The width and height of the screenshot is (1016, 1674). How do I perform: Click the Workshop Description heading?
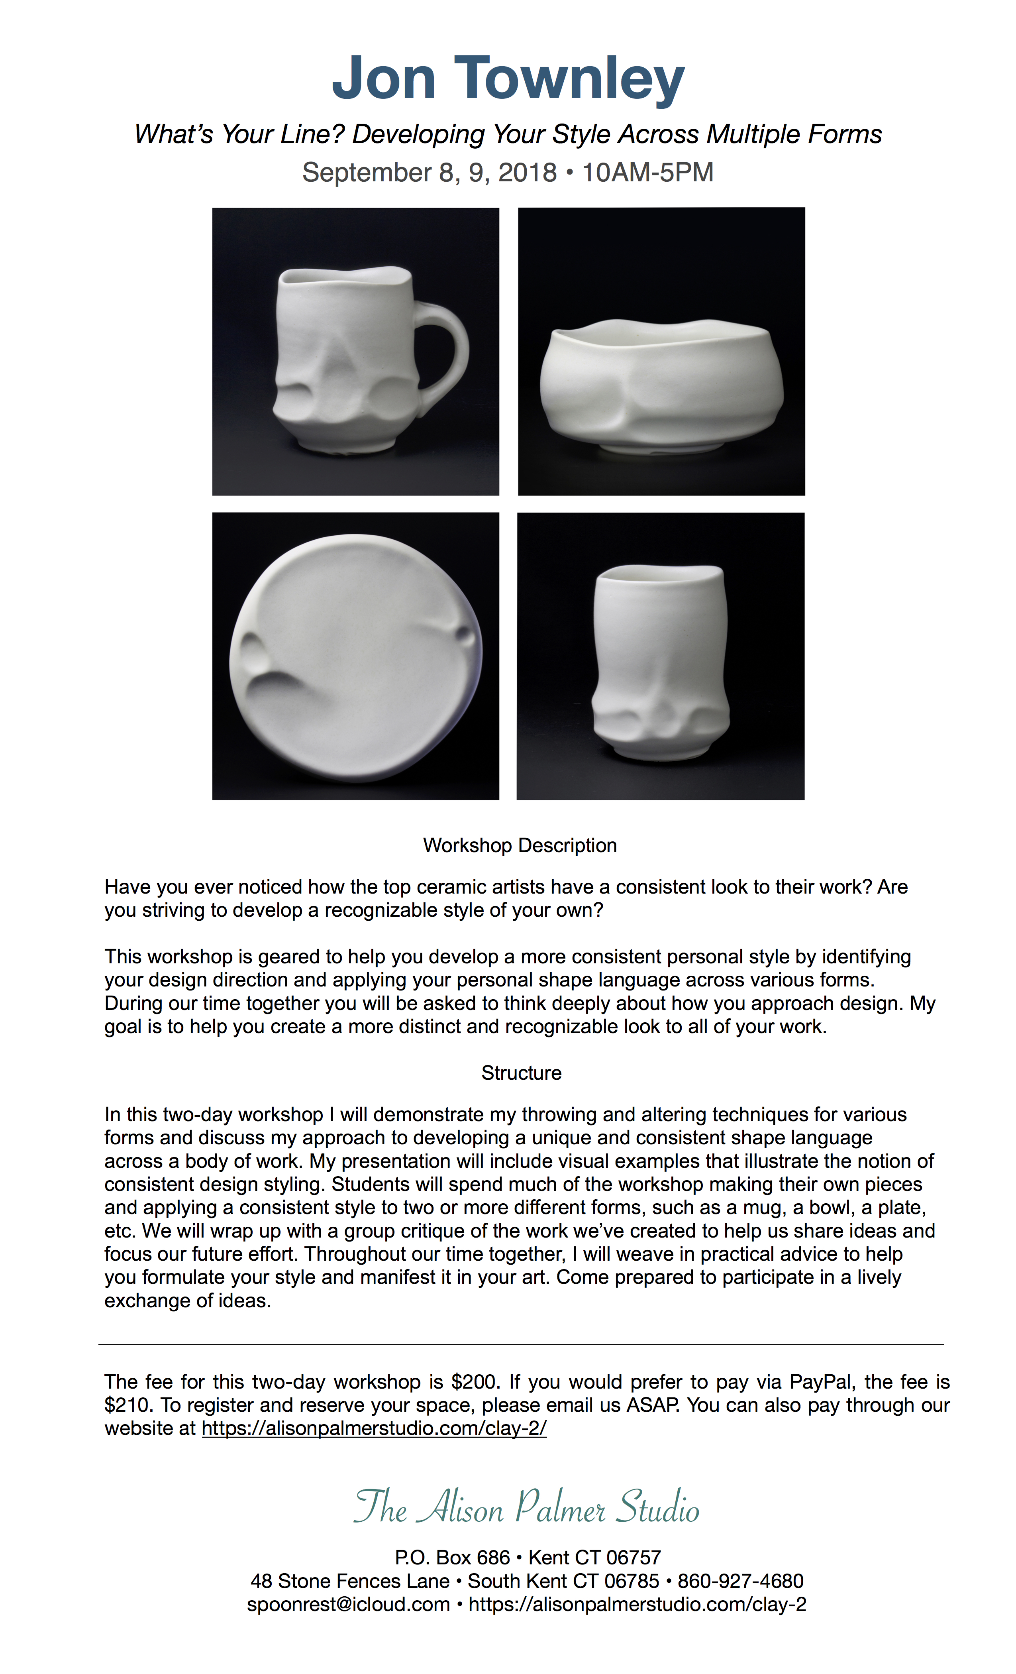(520, 845)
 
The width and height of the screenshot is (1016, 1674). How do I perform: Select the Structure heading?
(521, 1073)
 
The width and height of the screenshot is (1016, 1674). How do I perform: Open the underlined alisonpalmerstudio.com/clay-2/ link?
(374, 1428)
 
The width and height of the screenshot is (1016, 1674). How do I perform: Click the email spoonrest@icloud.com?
(348, 1604)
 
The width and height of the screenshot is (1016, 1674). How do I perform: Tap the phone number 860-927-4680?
(740, 1581)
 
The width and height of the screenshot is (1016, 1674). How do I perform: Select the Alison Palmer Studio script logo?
(526, 1507)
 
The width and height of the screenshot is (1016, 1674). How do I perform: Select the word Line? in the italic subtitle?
(312, 135)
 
